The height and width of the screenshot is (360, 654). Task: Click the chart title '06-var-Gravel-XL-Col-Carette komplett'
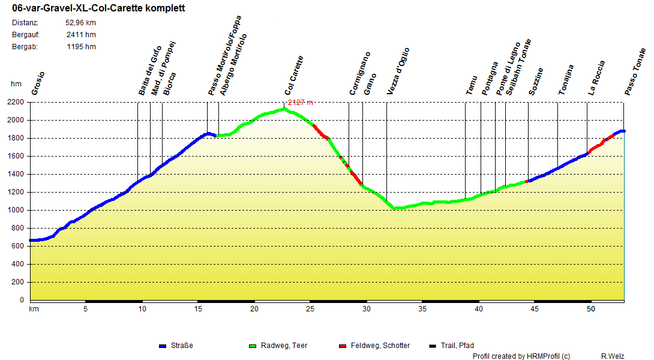point(98,8)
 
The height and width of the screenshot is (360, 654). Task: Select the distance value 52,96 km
point(80,23)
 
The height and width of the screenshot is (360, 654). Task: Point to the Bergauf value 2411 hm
point(81,35)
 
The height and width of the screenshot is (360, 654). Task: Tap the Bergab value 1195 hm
point(81,47)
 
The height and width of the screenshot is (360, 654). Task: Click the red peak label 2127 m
point(300,103)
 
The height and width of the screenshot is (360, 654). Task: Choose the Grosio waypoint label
point(38,83)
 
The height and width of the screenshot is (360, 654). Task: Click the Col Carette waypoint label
point(294,76)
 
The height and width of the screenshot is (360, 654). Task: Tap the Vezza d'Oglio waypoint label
point(398,71)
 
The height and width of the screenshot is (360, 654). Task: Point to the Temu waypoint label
point(472,85)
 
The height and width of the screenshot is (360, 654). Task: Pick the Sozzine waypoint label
point(536,82)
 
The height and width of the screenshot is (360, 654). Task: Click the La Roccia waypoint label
point(596,78)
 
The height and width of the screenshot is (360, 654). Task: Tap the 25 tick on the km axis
point(310,309)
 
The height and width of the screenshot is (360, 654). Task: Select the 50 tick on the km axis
point(591,309)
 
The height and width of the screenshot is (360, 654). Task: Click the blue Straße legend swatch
point(162,346)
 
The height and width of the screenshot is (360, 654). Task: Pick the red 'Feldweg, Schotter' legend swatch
point(343,346)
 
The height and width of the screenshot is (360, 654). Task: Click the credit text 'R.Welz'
point(612,356)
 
